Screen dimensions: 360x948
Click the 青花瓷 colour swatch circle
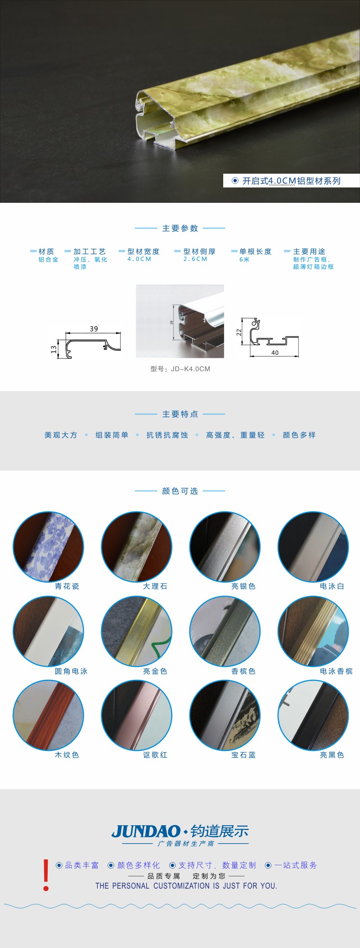click(48, 547)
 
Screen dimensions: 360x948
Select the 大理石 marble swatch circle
click(137, 547)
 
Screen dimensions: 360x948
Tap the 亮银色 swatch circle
click(225, 547)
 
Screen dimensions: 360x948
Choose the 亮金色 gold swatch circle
click(137, 631)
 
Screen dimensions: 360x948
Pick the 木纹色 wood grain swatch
click(48, 715)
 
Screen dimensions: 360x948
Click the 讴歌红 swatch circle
click(137, 715)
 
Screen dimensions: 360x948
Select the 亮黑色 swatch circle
click(313, 715)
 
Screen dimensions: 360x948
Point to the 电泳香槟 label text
click(336, 671)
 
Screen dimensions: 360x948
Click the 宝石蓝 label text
click(243, 755)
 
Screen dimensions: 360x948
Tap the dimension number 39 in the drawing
click(94, 329)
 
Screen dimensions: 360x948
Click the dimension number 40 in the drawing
click(275, 353)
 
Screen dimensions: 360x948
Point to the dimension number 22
click(239, 332)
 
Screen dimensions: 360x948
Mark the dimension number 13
click(54, 349)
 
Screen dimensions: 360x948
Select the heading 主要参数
click(180, 229)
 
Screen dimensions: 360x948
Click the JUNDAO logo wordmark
click(146, 831)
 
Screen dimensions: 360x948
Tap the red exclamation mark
click(46, 875)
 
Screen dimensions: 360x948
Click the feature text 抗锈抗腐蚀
click(167, 435)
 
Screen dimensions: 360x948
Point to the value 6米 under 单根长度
click(244, 260)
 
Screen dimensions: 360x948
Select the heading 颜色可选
click(180, 491)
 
